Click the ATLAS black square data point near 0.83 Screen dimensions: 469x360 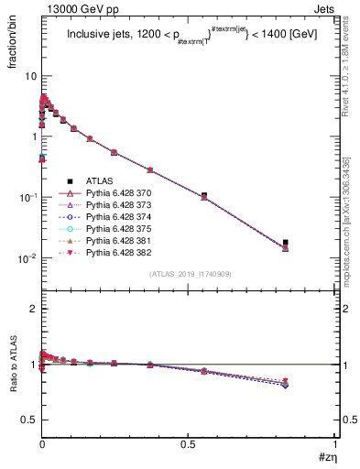(286, 243)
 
